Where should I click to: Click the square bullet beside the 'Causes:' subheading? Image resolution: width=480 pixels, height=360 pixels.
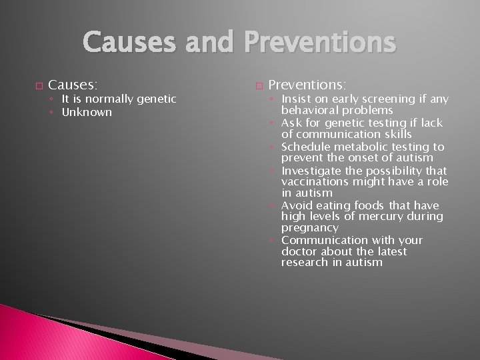[37, 87]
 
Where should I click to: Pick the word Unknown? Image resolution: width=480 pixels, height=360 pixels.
[87, 112]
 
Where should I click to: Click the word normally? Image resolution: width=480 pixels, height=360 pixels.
[105, 99]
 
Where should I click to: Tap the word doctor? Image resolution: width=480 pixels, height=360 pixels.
[298, 251]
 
